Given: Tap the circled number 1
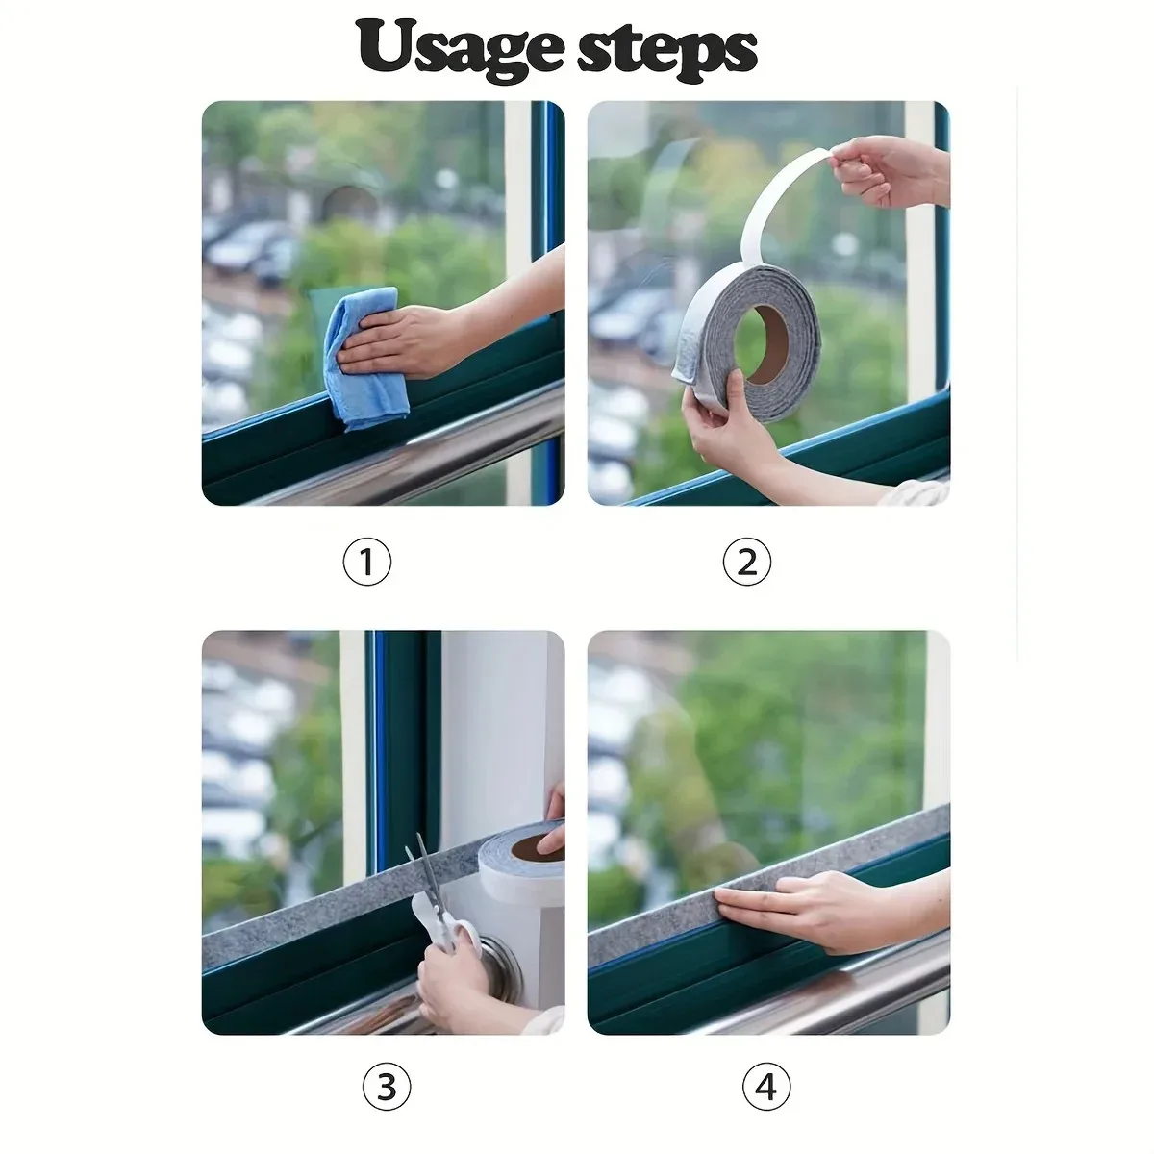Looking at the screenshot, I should [x=366, y=562].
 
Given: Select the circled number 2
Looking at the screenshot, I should [x=747, y=562].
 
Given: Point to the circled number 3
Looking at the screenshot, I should [x=386, y=1088].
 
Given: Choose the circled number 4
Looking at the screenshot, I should [x=766, y=1088].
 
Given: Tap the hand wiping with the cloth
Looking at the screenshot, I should [x=404, y=341].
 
